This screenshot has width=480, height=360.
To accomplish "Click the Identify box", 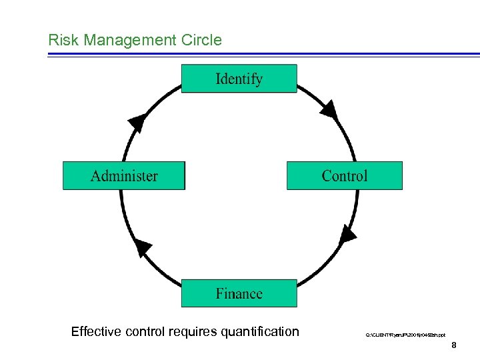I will point(239,79).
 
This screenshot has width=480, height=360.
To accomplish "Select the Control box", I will point(344,176).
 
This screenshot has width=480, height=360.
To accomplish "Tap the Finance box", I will point(239,293).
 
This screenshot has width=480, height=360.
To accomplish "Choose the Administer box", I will point(124,176).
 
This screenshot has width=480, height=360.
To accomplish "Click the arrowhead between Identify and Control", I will point(328,109).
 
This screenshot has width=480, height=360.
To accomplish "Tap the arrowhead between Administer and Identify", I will point(137,122).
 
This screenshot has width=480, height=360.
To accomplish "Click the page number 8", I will point(453,345).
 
